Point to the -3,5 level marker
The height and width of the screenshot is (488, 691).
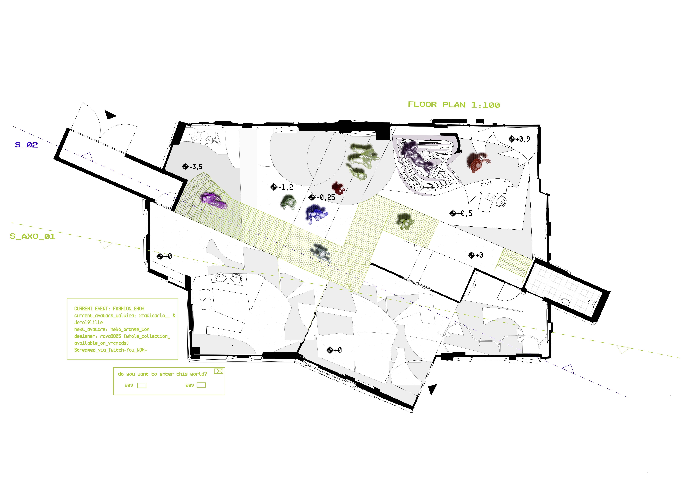tap(193, 167)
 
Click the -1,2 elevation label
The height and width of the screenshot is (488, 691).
tap(282, 187)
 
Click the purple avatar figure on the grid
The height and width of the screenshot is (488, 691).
tap(214, 201)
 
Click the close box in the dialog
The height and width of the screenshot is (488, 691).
tap(218, 371)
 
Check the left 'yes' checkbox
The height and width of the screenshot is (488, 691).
tap(142, 385)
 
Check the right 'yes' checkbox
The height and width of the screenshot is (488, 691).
tap(201, 385)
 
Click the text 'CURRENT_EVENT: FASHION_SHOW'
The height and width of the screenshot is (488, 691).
tap(109, 309)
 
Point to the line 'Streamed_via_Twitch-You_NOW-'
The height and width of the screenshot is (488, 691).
tap(110, 350)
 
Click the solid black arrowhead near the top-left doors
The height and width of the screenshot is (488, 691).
tap(110, 115)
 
